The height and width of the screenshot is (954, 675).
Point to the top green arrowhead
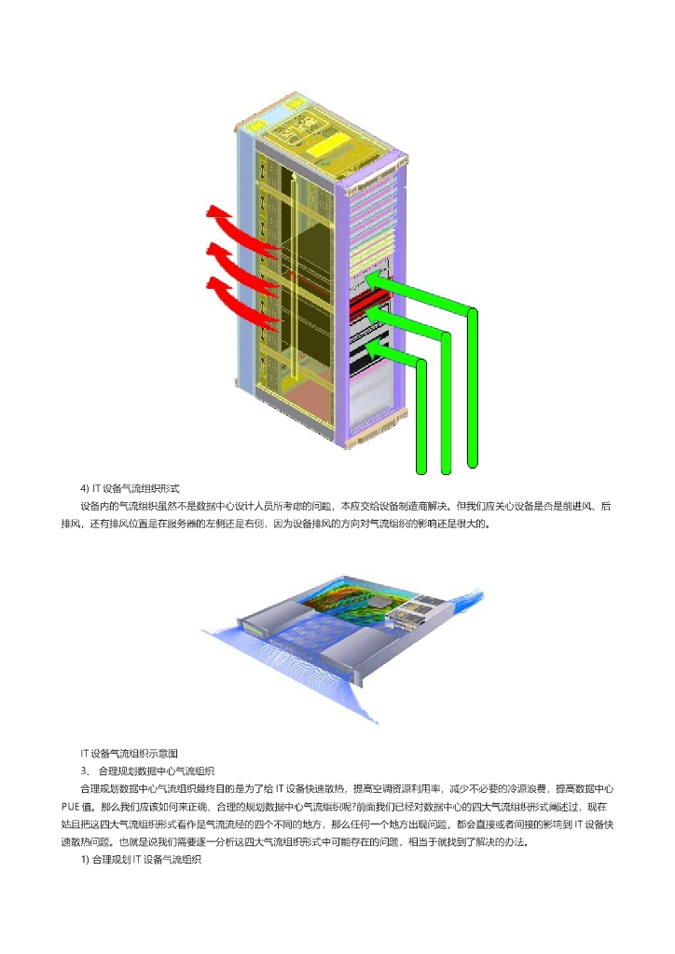point(373,278)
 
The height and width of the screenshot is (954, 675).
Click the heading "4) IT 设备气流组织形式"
point(130,488)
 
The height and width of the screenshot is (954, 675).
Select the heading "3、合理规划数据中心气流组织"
point(148,770)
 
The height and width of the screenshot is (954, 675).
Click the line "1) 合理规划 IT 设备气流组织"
point(141,860)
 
